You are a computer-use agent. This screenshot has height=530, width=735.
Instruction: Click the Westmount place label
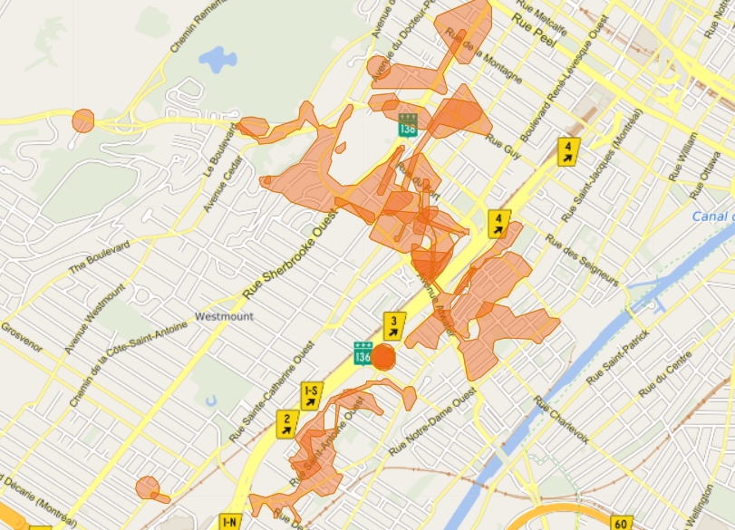pyautogui.click(x=224, y=317)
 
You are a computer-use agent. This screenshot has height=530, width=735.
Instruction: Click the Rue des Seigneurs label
pyautogui.click(x=582, y=261)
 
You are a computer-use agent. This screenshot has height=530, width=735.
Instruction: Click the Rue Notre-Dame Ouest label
pyautogui.click(x=432, y=423)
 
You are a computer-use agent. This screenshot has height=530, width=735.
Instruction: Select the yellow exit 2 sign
pyautogui.click(x=287, y=420)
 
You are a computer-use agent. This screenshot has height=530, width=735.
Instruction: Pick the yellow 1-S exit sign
pyautogui.click(x=311, y=393)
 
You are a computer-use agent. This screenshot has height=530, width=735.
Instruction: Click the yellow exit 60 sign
pyautogui.click(x=621, y=524)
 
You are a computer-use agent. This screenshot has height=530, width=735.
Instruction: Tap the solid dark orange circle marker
pyautogui.click(x=384, y=357)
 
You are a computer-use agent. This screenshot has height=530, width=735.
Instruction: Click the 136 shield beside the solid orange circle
pyautogui.click(x=363, y=353)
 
